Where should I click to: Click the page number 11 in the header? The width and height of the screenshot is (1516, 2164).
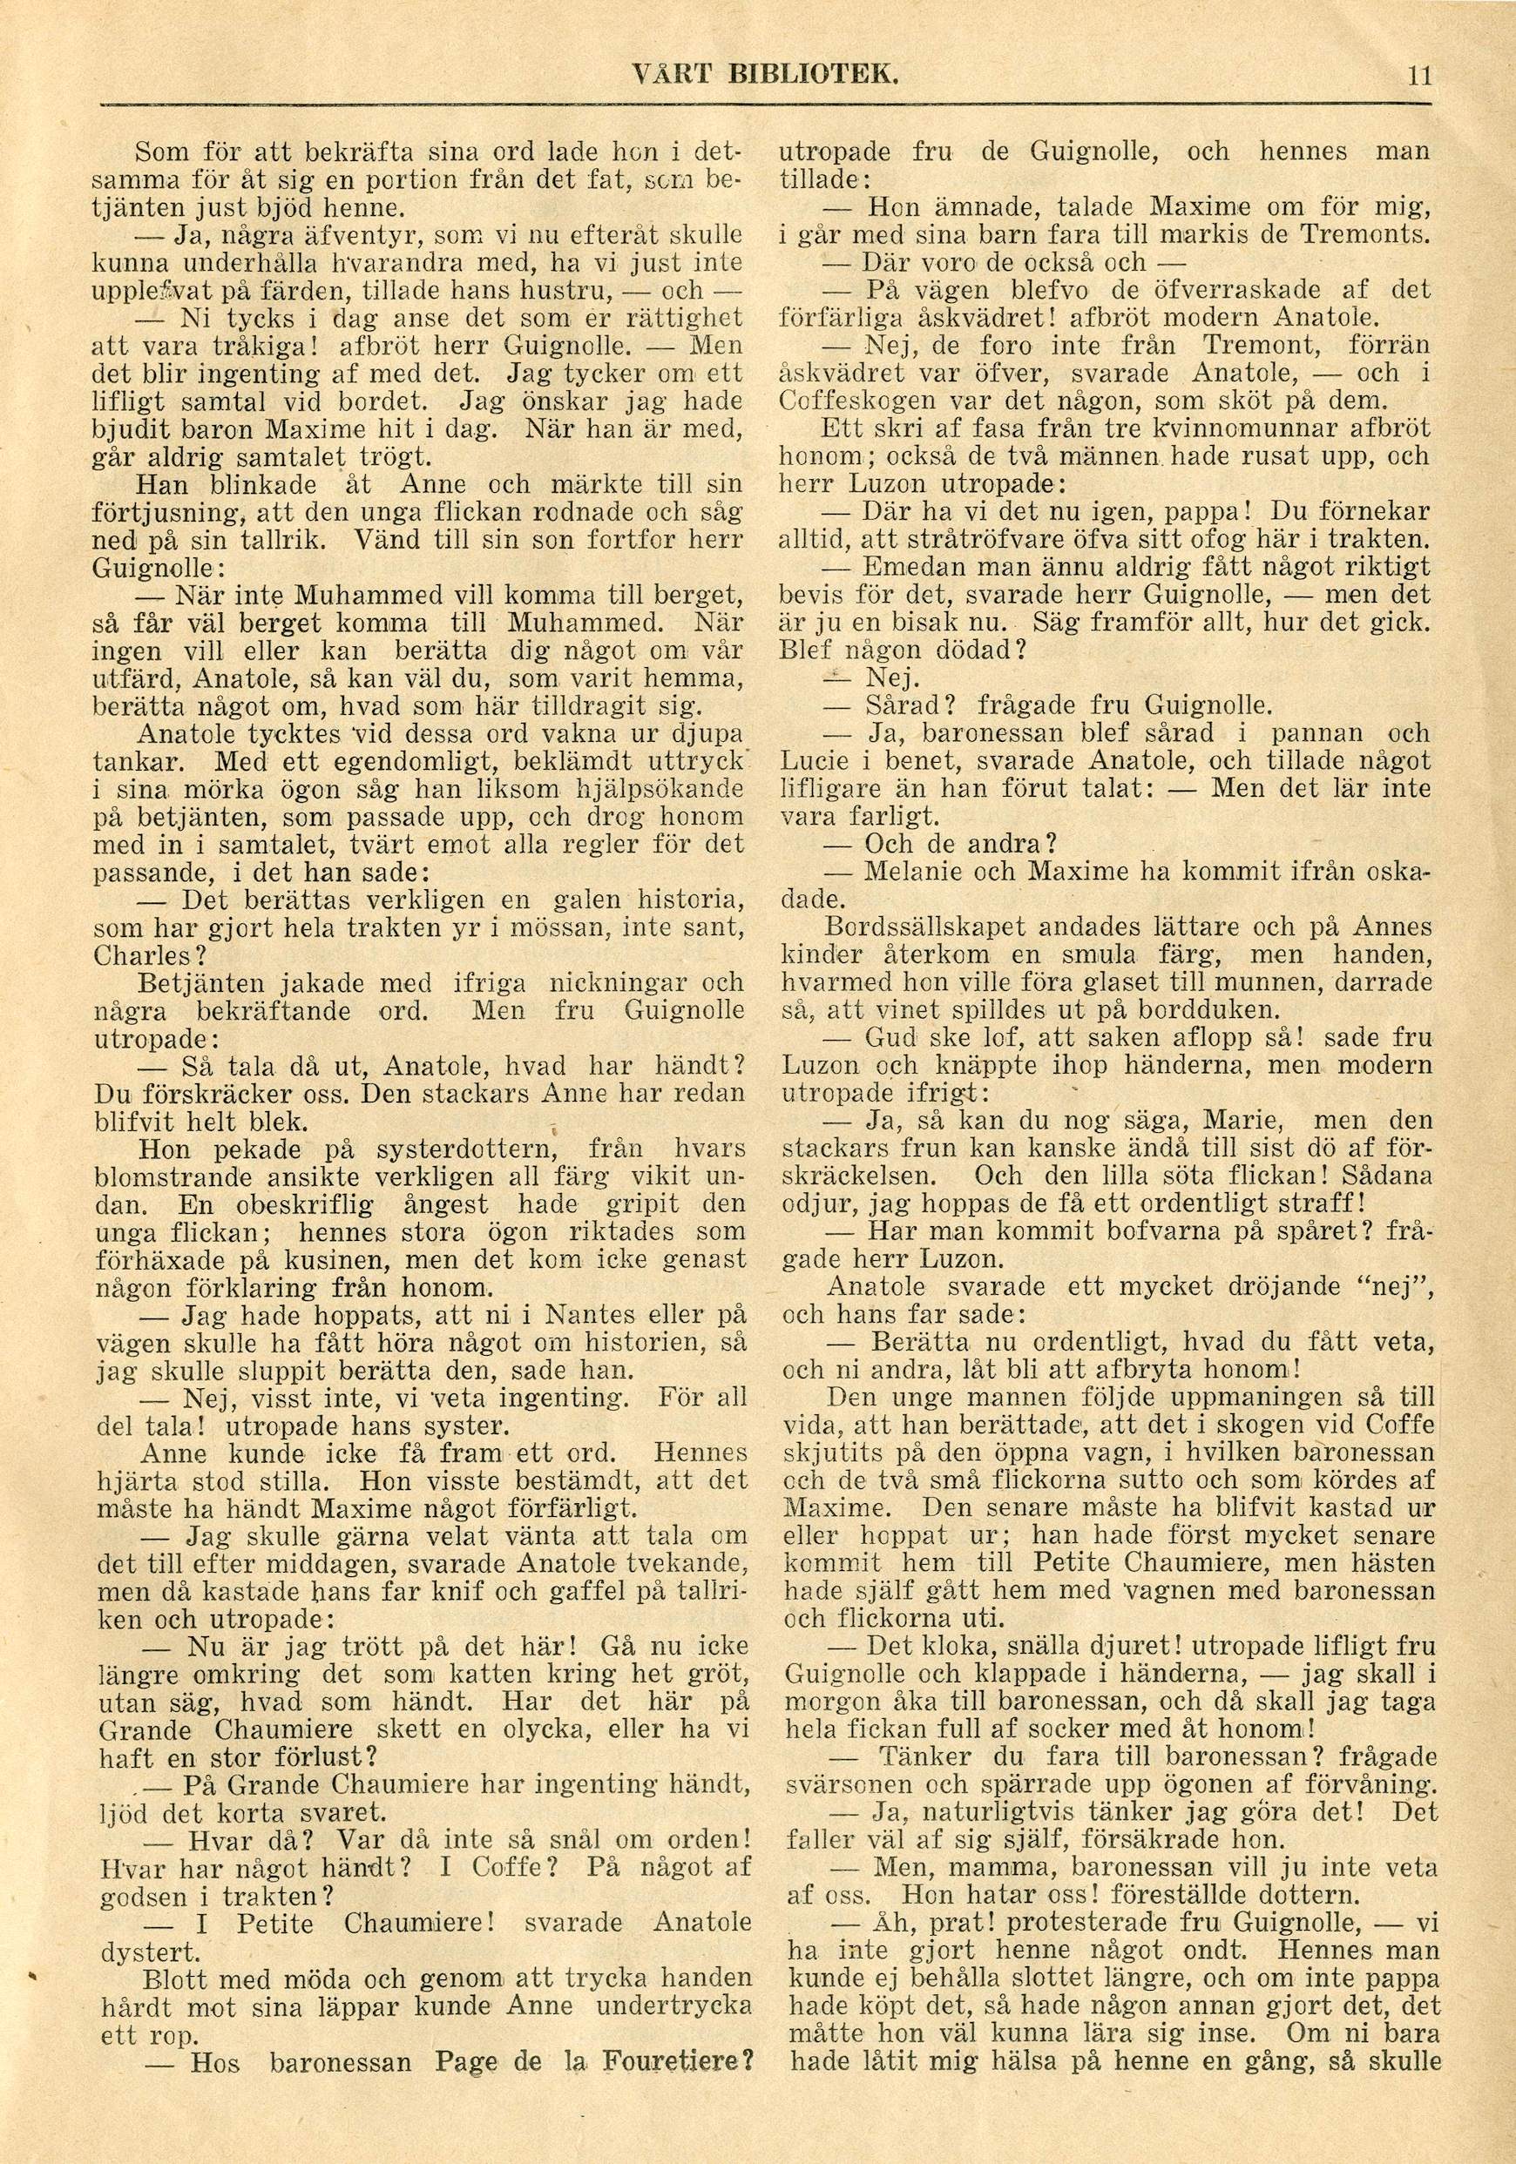[1418, 75]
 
